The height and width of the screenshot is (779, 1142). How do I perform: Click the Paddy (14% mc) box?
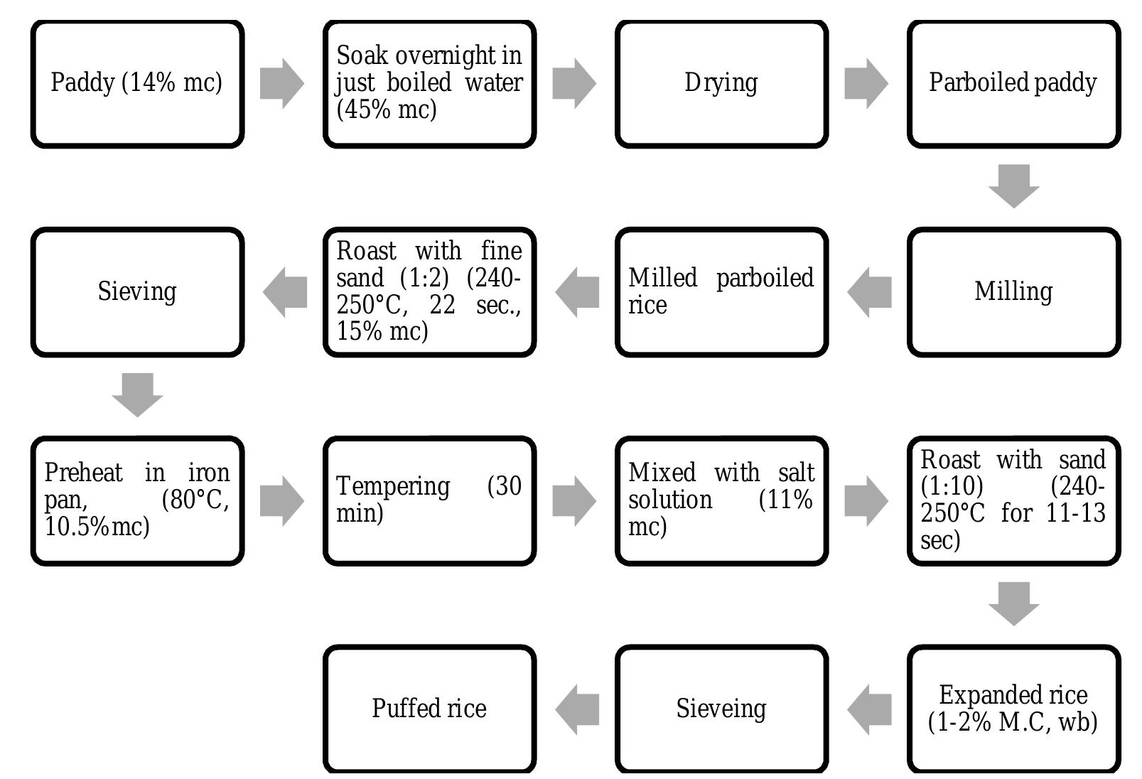click(x=137, y=84)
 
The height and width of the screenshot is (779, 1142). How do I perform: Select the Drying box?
click(x=721, y=84)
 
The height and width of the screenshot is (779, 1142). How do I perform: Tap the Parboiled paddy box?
click(x=1013, y=84)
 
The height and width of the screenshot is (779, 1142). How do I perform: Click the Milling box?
click(x=1013, y=292)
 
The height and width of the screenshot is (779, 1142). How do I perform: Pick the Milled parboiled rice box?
click(x=721, y=292)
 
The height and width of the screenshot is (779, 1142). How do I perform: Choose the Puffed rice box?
click(x=429, y=709)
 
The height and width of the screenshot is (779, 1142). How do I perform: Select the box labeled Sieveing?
click(x=721, y=709)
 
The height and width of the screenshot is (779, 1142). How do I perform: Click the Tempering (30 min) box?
click(x=429, y=500)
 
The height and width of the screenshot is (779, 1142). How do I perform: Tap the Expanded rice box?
click(x=1013, y=709)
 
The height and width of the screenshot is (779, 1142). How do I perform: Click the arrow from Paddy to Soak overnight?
click(x=281, y=84)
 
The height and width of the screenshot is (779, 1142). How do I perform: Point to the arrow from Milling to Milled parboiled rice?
click(x=869, y=292)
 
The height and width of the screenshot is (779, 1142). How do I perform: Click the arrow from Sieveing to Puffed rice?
click(x=577, y=709)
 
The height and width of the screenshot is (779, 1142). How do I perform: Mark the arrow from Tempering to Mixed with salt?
click(x=573, y=500)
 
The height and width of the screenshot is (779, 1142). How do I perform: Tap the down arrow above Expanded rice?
click(x=1013, y=603)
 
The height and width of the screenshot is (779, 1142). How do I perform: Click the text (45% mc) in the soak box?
click(x=386, y=110)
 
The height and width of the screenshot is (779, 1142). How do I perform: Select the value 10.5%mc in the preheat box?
click(x=97, y=527)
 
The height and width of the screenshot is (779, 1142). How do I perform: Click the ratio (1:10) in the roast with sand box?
click(x=952, y=487)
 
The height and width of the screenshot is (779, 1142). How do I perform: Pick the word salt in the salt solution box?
click(x=796, y=473)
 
